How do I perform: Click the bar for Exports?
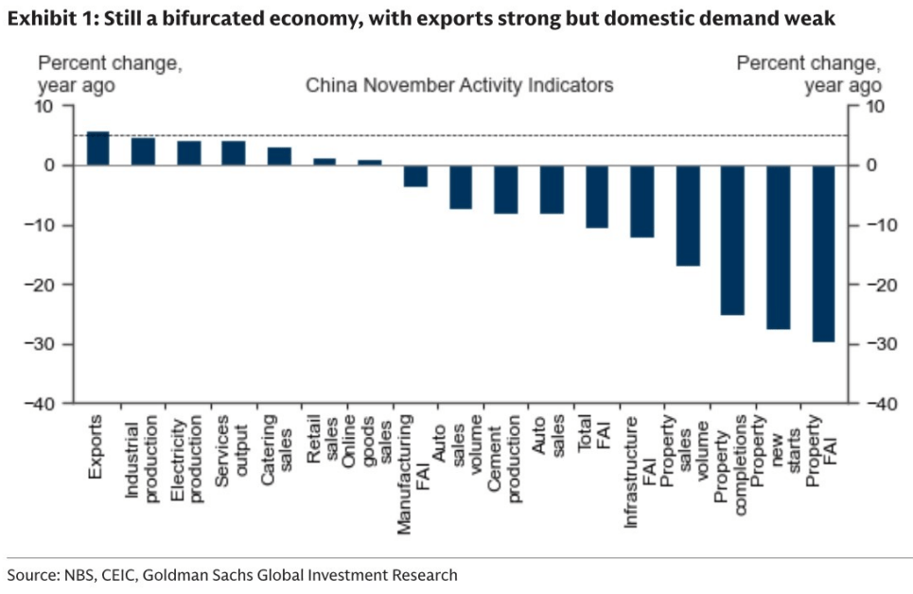click(x=97, y=149)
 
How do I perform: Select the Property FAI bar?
click(x=823, y=253)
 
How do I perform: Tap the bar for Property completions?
click(x=732, y=240)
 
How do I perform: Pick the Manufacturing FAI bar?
click(x=415, y=176)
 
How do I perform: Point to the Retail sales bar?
click(x=325, y=162)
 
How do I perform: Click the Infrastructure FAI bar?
click(x=642, y=201)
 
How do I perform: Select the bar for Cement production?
click(x=506, y=189)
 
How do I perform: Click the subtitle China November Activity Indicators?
click(x=459, y=85)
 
